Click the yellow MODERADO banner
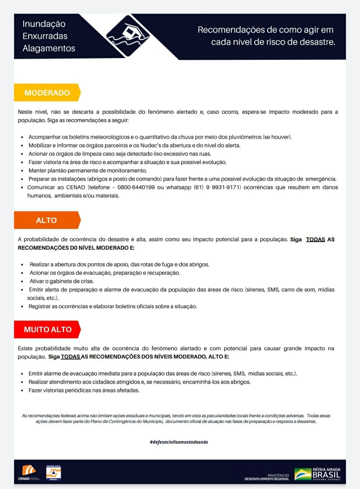(x=47, y=93)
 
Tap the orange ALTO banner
(x=47, y=220)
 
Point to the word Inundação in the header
(x=44, y=24)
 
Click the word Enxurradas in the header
(x=45, y=36)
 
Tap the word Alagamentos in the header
(x=49, y=49)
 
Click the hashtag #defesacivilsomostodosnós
(x=179, y=442)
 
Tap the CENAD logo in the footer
(x=29, y=473)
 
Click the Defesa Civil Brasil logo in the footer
(x=53, y=473)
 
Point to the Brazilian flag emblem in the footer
(x=303, y=474)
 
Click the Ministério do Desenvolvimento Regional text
(x=267, y=477)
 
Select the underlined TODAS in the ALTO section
(x=315, y=240)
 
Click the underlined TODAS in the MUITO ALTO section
(x=70, y=357)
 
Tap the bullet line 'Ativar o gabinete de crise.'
(x=61, y=281)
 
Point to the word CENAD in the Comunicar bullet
(x=76, y=188)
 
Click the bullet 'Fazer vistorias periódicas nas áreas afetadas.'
(x=84, y=390)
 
